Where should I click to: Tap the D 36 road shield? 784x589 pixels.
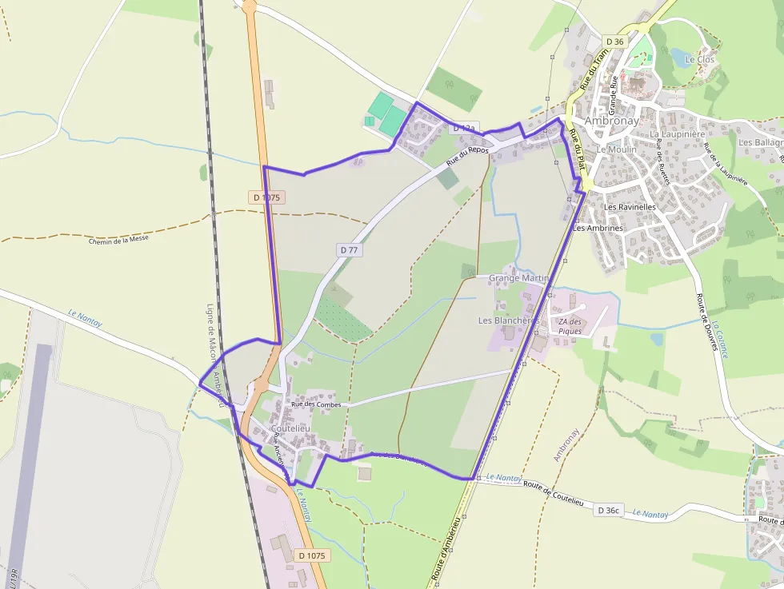point(614,42)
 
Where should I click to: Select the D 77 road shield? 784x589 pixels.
point(349,250)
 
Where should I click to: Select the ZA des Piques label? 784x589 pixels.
point(570,326)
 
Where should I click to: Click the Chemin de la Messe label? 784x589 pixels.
point(119,237)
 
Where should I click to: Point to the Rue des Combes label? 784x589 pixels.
point(316,404)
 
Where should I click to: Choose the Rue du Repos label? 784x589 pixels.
point(467,156)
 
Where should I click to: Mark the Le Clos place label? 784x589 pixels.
point(700,60)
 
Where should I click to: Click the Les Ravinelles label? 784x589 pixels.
point(630,207)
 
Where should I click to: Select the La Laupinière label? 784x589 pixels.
point(678,134)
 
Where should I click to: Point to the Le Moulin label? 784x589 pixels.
point(617,149)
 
